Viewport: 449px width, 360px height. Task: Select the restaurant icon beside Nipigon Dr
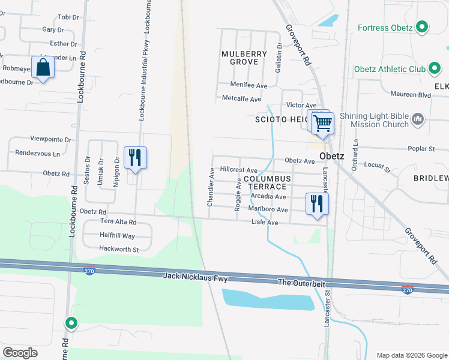(135, 158)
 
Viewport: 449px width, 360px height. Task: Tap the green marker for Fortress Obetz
(422, 28)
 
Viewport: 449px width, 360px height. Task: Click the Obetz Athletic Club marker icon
(435, 70)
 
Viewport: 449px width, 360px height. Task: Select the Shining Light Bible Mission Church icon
(418, 120)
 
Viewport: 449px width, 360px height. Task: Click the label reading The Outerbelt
(303, 282)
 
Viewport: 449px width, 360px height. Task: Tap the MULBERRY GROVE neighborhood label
(244, 58)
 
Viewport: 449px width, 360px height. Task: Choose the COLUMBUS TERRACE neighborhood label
(267, 183)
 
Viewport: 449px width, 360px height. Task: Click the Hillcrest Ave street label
(239, 170)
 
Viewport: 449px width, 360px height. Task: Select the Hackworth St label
(119, 249)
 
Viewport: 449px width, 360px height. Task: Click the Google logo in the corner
(20, 352)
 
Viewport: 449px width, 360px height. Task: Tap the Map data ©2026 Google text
(411, 355)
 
